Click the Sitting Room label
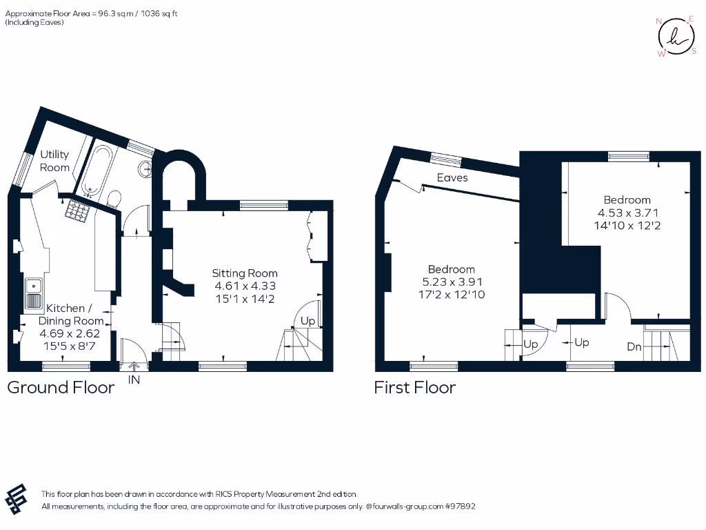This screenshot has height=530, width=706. coord(245,273)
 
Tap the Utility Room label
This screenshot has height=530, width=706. coord(54,161)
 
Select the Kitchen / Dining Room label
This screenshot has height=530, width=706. coord(71,314)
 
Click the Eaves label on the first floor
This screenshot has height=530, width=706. coord(452,178)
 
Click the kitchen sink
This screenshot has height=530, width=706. coord(33,294)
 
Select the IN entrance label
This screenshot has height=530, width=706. coord(134,379)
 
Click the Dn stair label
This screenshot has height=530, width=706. coord(634,347)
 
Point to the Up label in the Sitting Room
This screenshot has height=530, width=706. coord(307,322)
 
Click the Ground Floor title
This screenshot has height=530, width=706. coord(61,387)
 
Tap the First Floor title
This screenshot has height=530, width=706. coord(414,387)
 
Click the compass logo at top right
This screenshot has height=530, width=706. coord(676,37)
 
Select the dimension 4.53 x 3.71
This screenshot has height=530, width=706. coord(627,213)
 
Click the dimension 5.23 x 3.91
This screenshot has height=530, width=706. coord(452,282)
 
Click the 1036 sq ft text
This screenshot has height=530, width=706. coord(158,13)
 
